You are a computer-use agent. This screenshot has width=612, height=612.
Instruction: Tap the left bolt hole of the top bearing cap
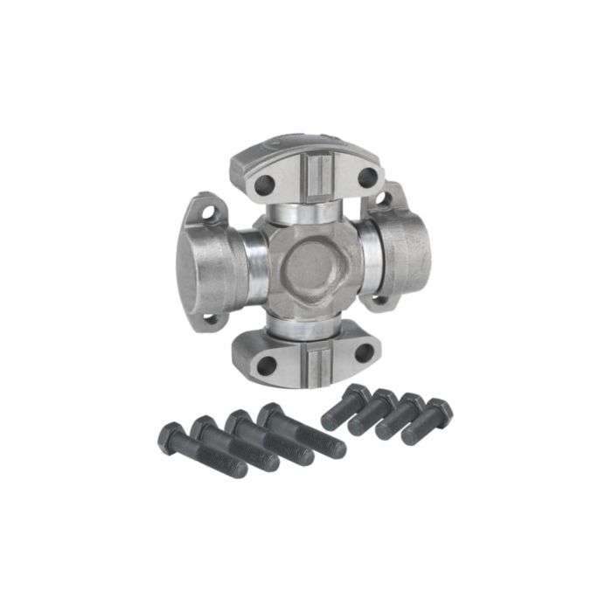pos(263,184)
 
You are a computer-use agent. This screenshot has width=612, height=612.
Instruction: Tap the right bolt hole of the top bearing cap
pos(367,177)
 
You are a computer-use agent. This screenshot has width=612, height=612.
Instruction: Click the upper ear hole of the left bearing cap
pos(210,212)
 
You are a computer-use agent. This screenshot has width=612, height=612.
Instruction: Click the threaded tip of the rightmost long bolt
pos(334,447)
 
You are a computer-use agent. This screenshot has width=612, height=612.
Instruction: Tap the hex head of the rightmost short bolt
pos(438,410)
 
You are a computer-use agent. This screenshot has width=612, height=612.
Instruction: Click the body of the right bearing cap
pos(404,248)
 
